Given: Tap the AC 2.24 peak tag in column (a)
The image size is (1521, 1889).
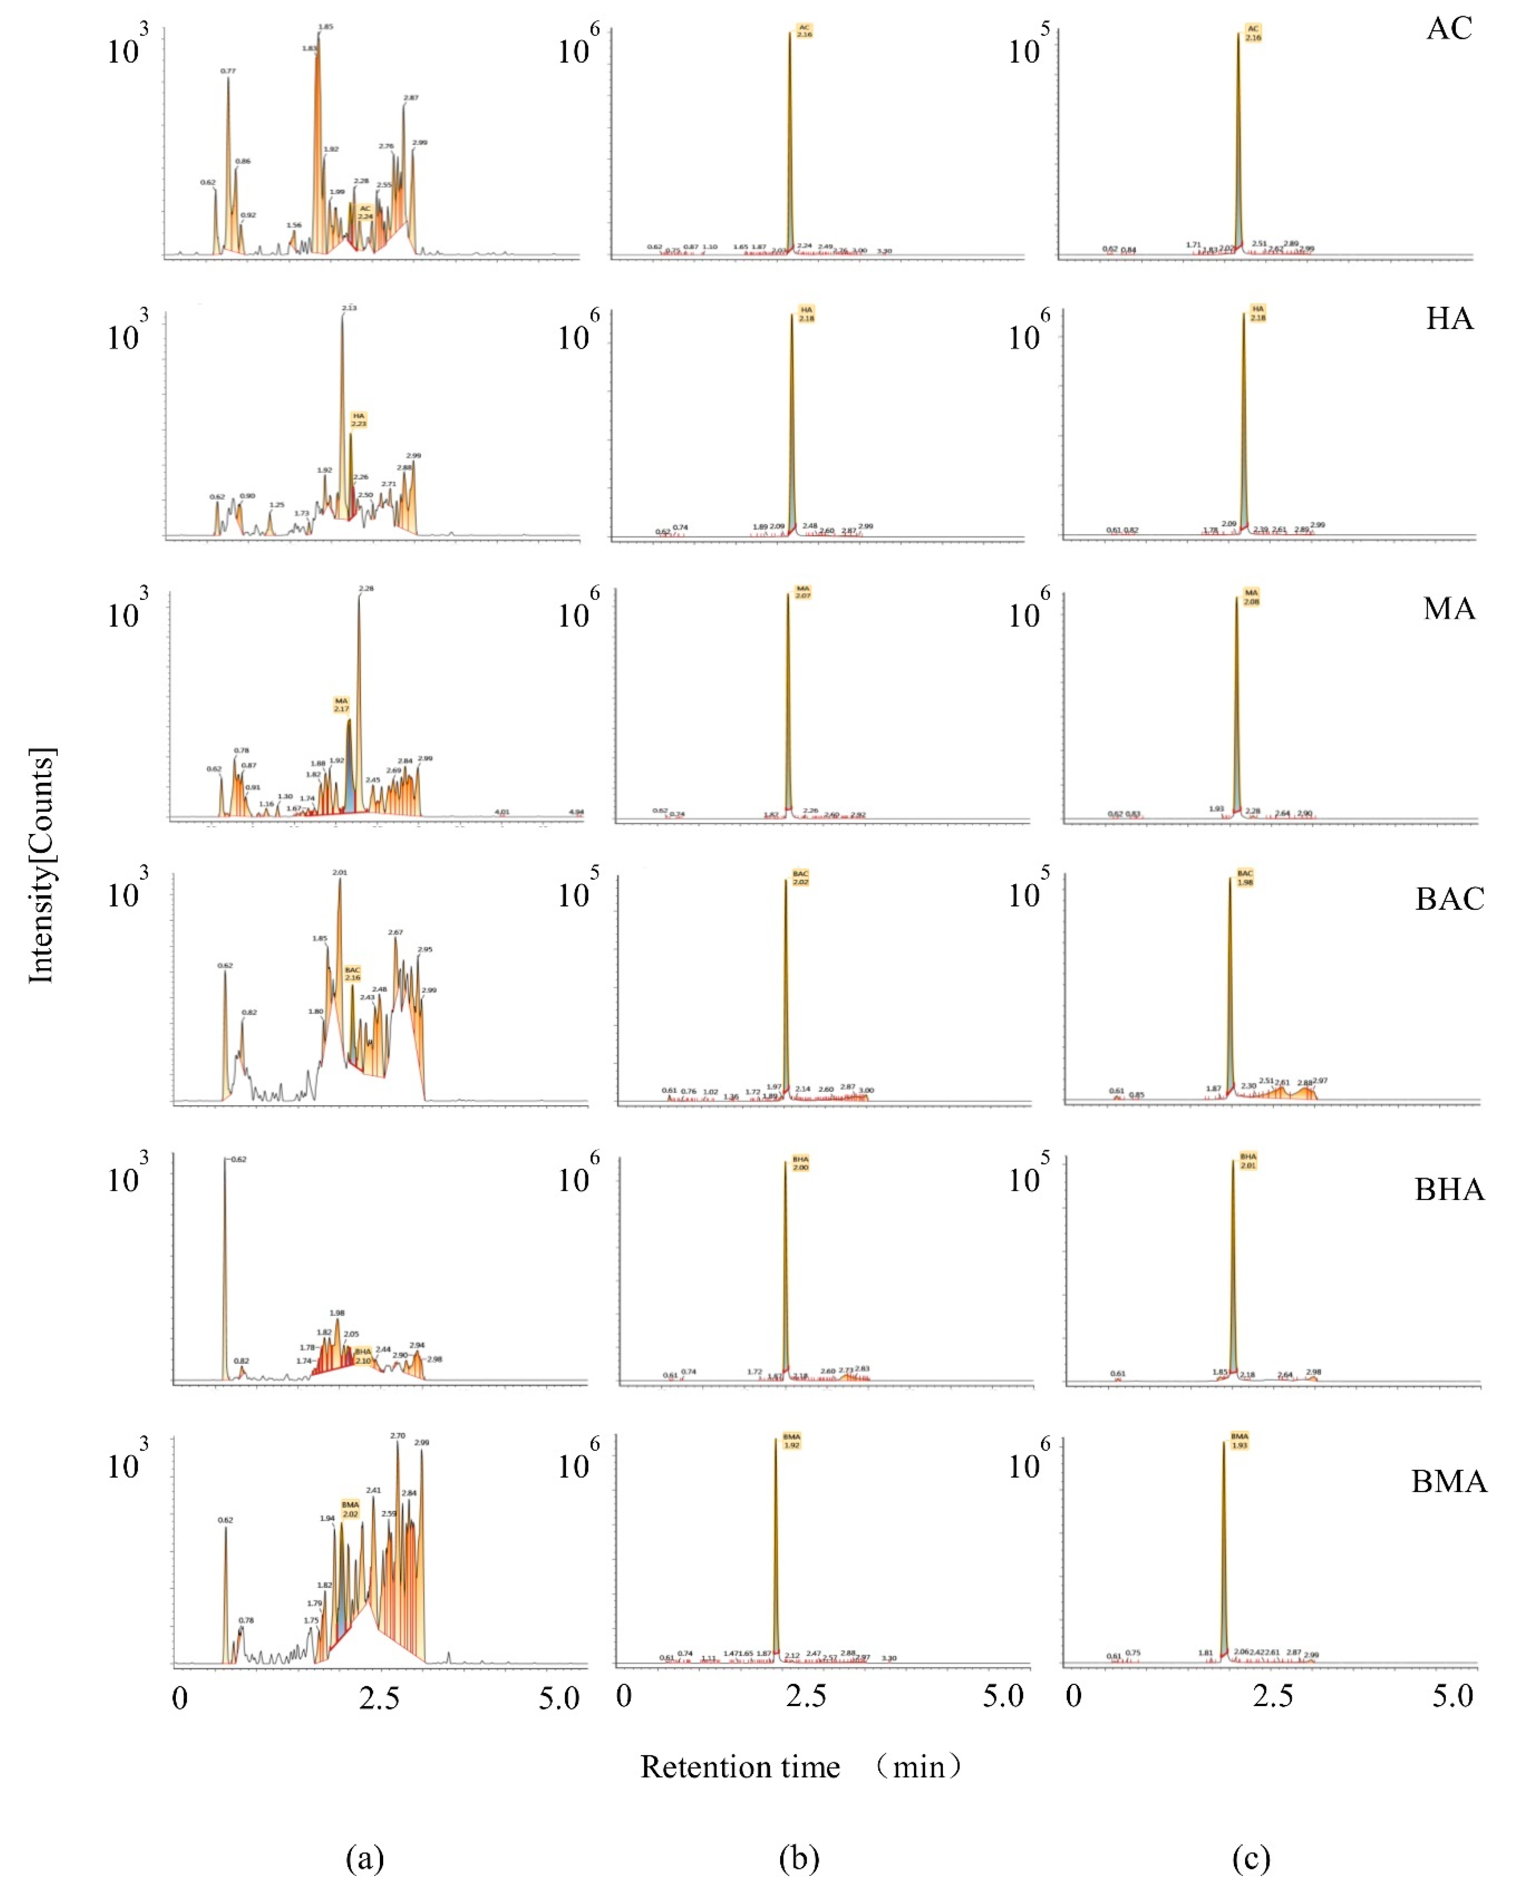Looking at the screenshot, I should point(366,212).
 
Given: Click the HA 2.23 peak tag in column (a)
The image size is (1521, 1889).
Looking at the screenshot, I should point(358,420).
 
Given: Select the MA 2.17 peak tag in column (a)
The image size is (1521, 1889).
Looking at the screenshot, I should point(341,704).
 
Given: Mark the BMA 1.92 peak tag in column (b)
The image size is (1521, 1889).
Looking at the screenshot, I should point(791,1441).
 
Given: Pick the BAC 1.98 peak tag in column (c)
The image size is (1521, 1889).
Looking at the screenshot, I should point(1245,878).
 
